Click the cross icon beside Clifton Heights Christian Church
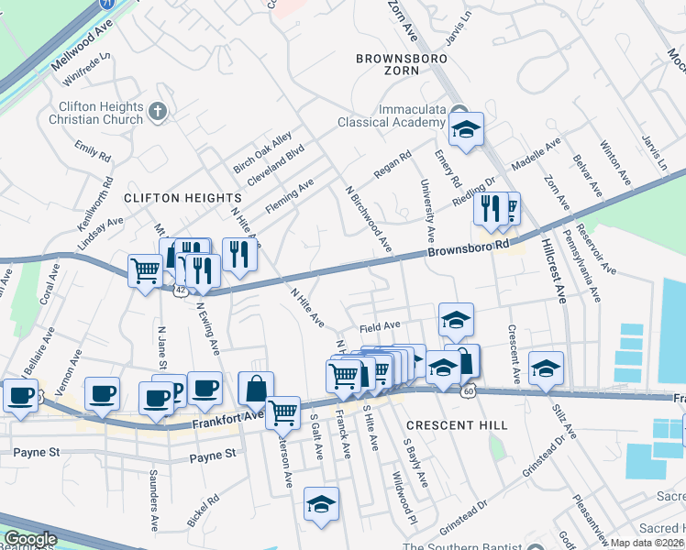pos(158,112)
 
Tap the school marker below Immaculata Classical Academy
pos(466,132)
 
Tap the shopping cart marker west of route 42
pos(146,272)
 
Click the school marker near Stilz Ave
pos(546,368)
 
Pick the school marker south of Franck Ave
pos(322,504)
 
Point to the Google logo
pos(30,539)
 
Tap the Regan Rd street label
pos(393,165)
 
